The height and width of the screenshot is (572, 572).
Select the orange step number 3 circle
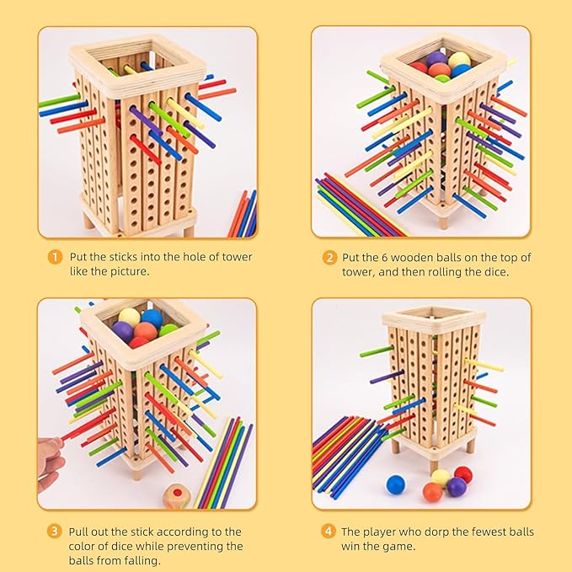click(x=55, y=532)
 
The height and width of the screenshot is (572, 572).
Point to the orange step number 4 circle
click(x=330, y=532)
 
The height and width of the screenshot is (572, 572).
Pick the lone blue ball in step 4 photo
click(x=395, y=484)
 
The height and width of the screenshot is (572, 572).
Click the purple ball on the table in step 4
click(x=457, y=486)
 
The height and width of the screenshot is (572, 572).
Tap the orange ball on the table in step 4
click(x=432, y=492)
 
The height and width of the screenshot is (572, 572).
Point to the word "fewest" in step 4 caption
click(x=468, y=532)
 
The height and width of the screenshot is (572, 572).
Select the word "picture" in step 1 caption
click(x=128, y=271)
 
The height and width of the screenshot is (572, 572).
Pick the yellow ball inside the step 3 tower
click(x=129, y=317)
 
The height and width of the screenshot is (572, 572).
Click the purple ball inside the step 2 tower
click(x=436, y=59)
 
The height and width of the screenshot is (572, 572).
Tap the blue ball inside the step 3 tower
click(x=152, y=318)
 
